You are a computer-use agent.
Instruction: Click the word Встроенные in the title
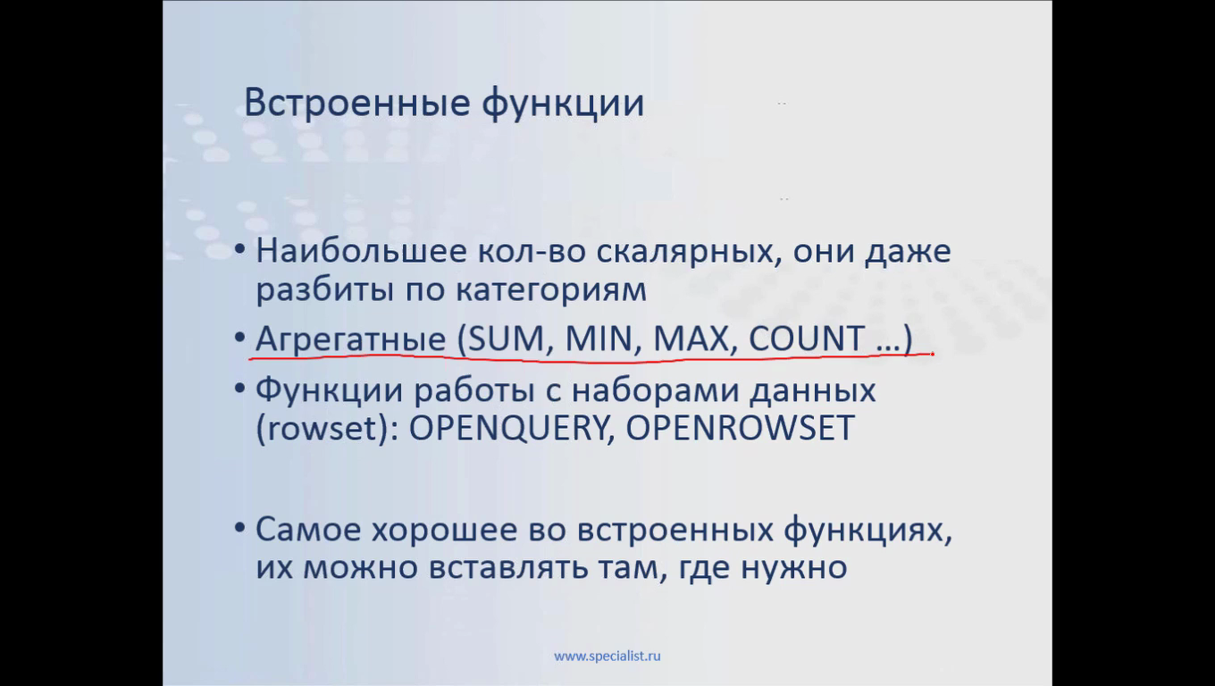[x=357, y=102]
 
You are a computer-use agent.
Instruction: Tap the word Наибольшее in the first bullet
[x=361, y=250]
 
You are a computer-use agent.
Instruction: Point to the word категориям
[x=551, y=290]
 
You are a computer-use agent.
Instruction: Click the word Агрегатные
[x=350, y=339]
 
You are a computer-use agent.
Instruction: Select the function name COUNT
[x=807, y=339]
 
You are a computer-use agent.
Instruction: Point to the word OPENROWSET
[x=741, y=428]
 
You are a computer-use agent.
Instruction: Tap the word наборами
[x=656, y=390]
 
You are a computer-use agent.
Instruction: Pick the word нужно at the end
[x=793, y=568]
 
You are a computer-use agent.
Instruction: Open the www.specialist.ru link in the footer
[x=607, y=657]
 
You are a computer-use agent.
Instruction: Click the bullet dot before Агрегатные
[x=239, y=338]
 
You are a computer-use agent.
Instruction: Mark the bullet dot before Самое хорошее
[x=239, y=527]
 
